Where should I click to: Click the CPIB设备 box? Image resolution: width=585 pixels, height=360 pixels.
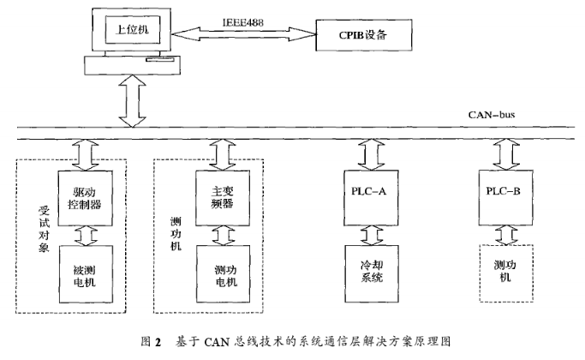(364, 36)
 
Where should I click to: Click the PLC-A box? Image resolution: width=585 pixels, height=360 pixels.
(369, 191)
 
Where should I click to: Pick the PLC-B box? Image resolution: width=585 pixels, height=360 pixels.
(502, 191)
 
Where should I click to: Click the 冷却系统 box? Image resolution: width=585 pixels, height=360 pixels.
(369, 273)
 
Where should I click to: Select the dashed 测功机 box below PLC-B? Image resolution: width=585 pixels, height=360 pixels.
(502, 273)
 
